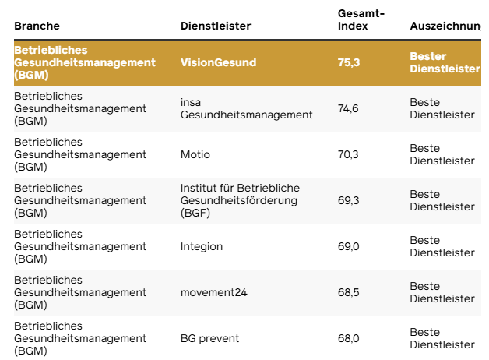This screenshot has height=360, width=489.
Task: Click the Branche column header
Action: coord(37,26)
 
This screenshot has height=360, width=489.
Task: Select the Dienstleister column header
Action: coord(216,26)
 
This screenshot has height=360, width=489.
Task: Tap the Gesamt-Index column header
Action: coord(361,20)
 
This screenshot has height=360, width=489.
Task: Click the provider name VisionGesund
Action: coord(218,63)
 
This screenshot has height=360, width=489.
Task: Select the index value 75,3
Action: coord(349,63)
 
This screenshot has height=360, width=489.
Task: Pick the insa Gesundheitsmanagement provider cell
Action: coord(246,109)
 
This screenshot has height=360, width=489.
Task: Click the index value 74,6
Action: coord(348,109)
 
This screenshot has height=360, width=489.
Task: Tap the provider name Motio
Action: coord(195,155)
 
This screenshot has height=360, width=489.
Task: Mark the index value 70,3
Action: coord(348,155)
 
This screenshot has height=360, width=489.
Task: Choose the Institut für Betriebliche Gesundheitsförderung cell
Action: coord(240,201)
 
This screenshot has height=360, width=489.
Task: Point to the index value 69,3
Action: coord(348,201)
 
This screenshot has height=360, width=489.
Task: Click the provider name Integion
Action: coord(202,247)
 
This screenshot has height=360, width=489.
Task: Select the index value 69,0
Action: coord(348,247)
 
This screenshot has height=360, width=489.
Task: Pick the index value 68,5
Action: coord(348,293)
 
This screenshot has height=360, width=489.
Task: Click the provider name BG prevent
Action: coord(209,339)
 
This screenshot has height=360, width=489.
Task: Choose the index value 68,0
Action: coord(348,339)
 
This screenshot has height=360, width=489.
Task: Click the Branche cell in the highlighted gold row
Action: coord(84,63)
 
